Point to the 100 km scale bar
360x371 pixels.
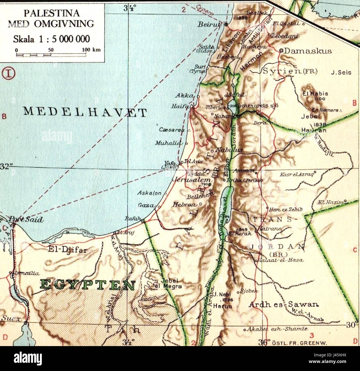pos(51,55)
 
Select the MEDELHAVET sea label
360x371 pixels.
pos(85,112)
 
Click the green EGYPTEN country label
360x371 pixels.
pos(88,285)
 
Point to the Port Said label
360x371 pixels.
pos(26,220)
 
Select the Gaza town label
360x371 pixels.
pos(146,205)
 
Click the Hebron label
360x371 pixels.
pos(185,205)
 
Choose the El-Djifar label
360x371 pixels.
pos(68,250)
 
